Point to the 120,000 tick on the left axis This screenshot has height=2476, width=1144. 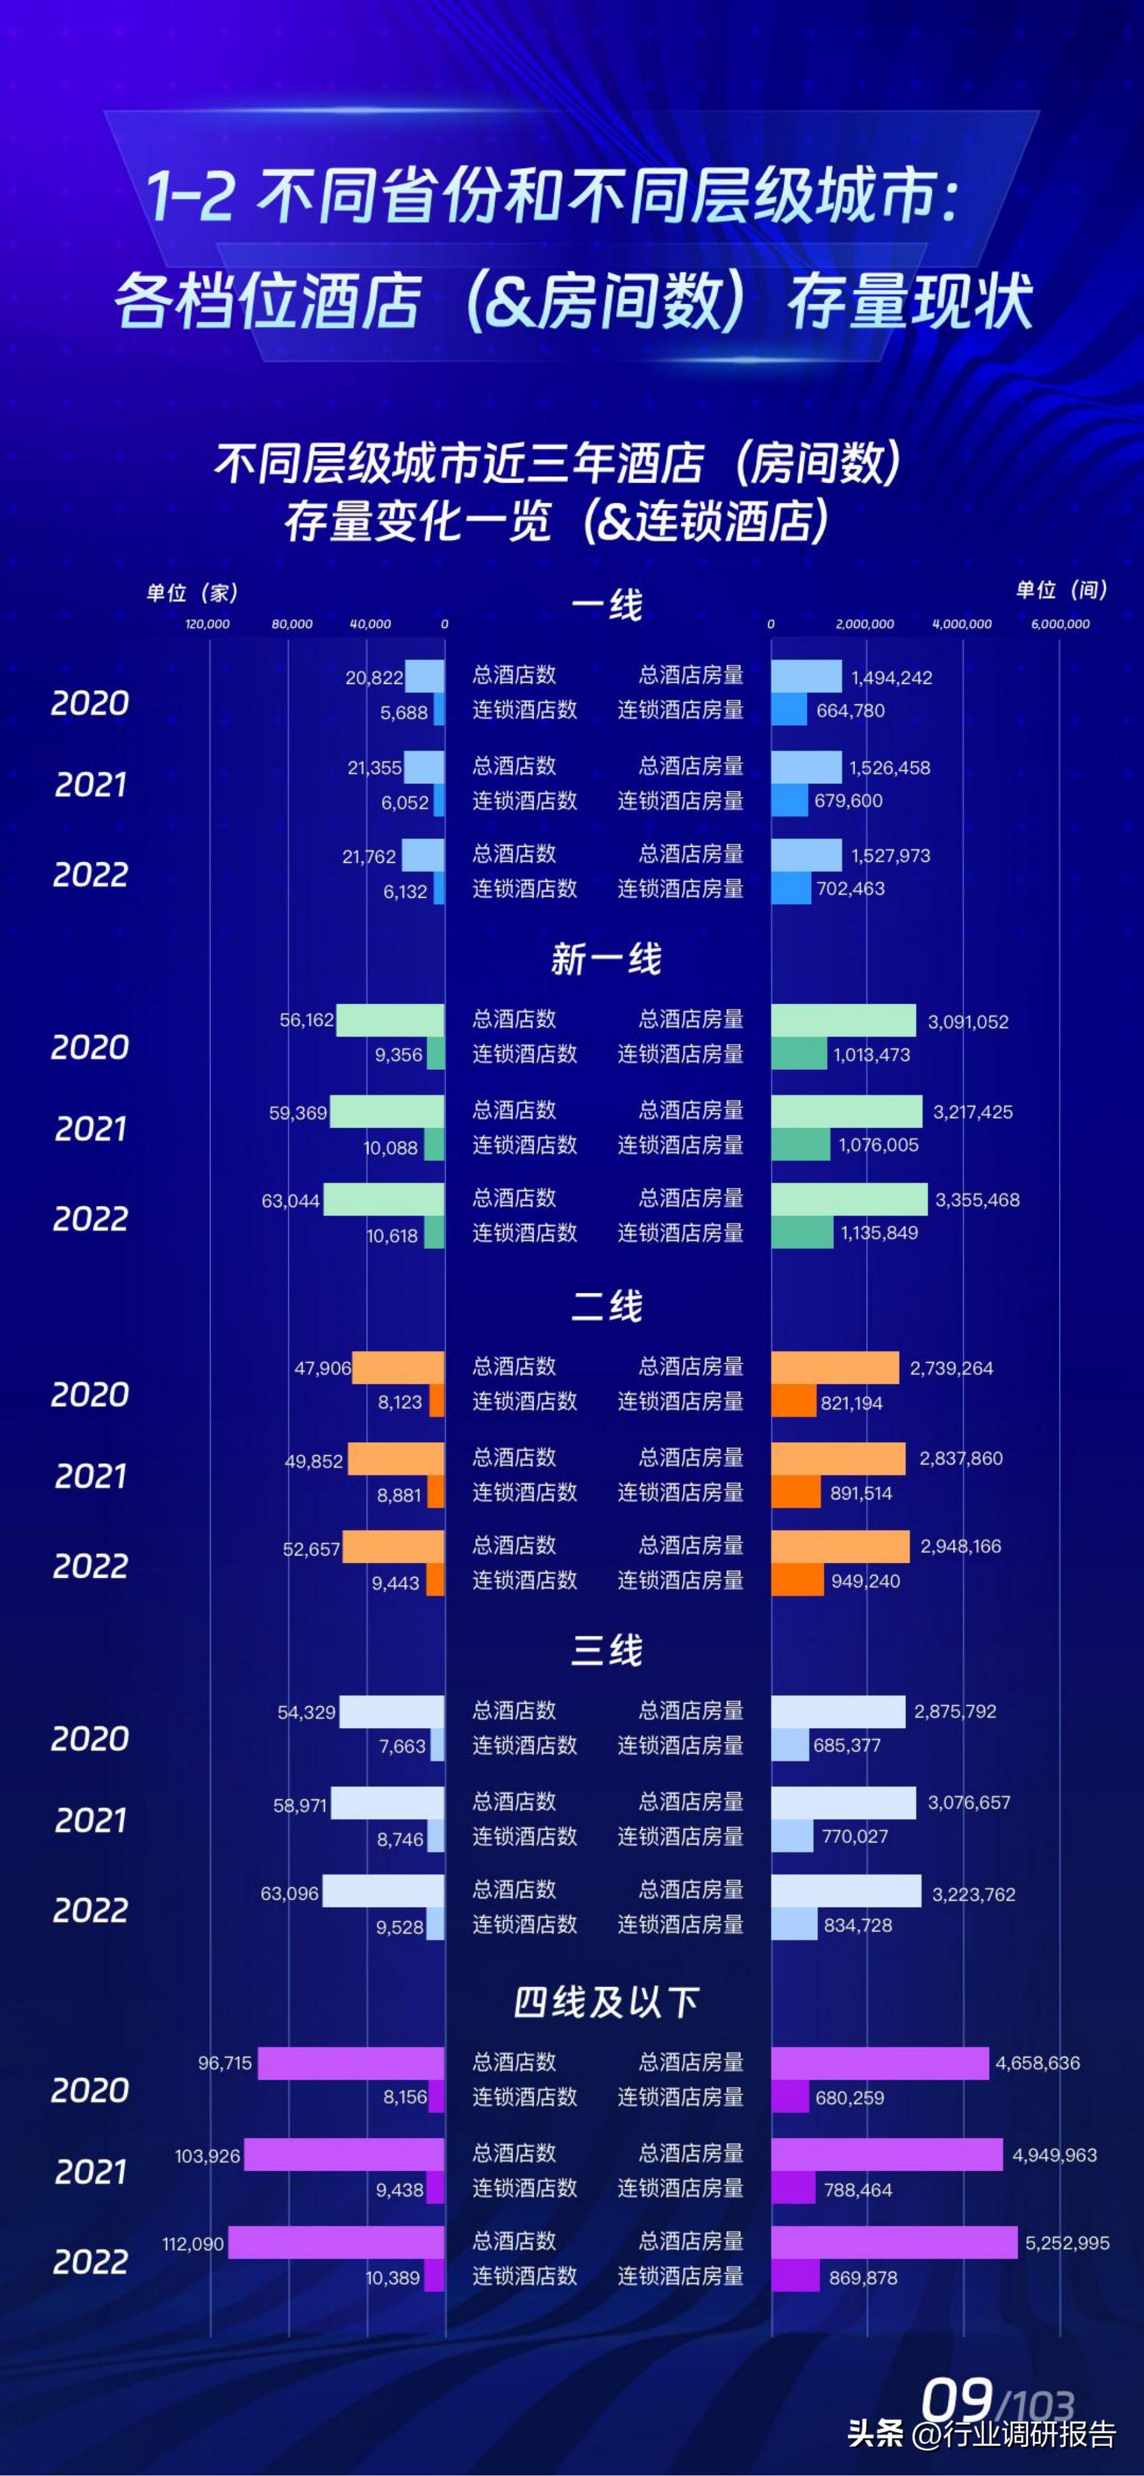click(208, 624)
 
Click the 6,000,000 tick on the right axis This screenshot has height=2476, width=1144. click(1060, 624)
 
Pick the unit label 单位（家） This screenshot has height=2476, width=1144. click(192, 592)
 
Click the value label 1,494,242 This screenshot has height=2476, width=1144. click(891, 678)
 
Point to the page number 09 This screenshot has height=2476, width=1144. click(956, 2400)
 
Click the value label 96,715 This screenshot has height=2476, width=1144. click(225, 2063)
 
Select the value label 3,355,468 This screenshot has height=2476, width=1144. click(977, 1200)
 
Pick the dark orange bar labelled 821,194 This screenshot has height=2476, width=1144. click(793, 1402)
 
